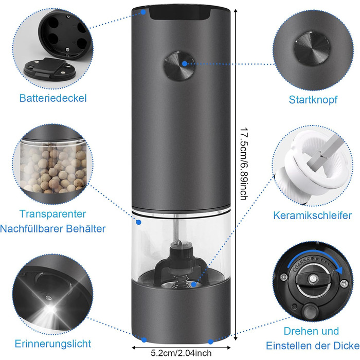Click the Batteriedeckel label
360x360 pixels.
click(53, 98)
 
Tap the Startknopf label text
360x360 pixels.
click(313, 100)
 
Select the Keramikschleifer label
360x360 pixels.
click(313, 215)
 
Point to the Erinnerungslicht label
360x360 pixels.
click(53, 344)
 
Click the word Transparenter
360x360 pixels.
click(52, 214)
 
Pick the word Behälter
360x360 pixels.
click(86, 229)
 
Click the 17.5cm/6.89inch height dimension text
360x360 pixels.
click(244, 164)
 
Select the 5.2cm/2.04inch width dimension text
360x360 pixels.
click(181, 353)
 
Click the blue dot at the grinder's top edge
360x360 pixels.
click(143, 12)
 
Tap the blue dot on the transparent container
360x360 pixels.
click(139, 222)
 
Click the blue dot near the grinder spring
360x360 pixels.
click(194, 284)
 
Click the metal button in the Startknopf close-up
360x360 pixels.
click(312, 47)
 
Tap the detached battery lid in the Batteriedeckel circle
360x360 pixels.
click(49, 69)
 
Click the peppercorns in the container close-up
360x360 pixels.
click(53, 169)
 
